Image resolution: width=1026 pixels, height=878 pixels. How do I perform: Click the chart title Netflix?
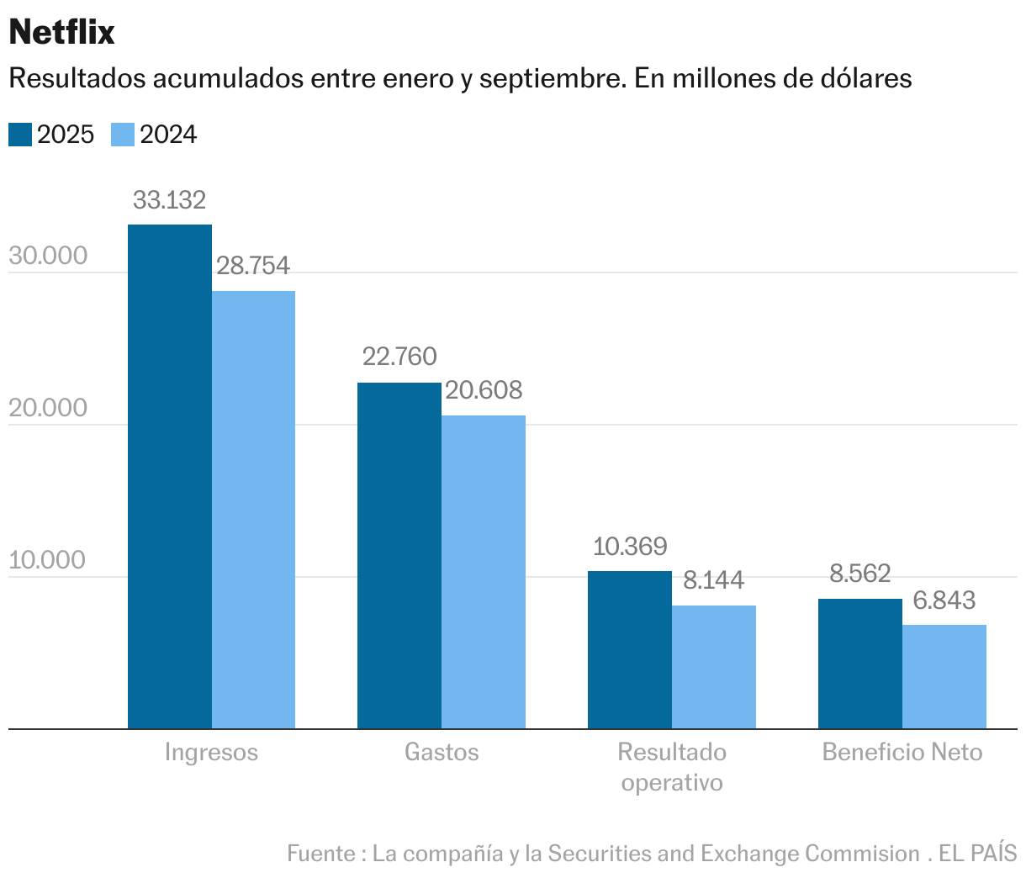coord(61,32)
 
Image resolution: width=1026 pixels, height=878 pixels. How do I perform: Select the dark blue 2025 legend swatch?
coord(20,135)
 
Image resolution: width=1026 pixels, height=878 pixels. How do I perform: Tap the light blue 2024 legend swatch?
coord(123,135)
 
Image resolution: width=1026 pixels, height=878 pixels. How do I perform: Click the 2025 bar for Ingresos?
coord(169,476)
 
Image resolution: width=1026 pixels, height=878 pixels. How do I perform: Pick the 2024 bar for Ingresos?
coord(253,510)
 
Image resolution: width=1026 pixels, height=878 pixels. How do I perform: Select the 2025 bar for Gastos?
coord(399,555)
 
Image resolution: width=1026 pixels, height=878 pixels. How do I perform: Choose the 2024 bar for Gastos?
coord(484,572)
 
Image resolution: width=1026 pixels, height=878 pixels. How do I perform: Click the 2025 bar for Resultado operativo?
coord(629,649)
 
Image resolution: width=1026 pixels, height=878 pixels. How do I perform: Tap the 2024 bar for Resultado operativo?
coord(713,667)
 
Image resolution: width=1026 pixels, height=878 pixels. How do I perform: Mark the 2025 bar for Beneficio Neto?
coord(859,664)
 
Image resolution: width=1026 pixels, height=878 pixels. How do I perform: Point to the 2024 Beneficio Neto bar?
coord(944,676)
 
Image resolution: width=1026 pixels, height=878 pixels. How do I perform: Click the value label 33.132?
coord(169,200)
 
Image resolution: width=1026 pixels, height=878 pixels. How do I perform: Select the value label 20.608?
coord(484,390)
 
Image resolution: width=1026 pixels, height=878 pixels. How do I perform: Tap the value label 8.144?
coord(713,580)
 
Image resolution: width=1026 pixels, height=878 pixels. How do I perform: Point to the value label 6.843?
coord(944,600)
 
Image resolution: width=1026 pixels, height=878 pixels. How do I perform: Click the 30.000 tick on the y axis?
coord(48,256)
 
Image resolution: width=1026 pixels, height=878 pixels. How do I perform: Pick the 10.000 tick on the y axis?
coord(48,560)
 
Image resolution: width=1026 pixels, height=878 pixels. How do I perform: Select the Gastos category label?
coord(442,752)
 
